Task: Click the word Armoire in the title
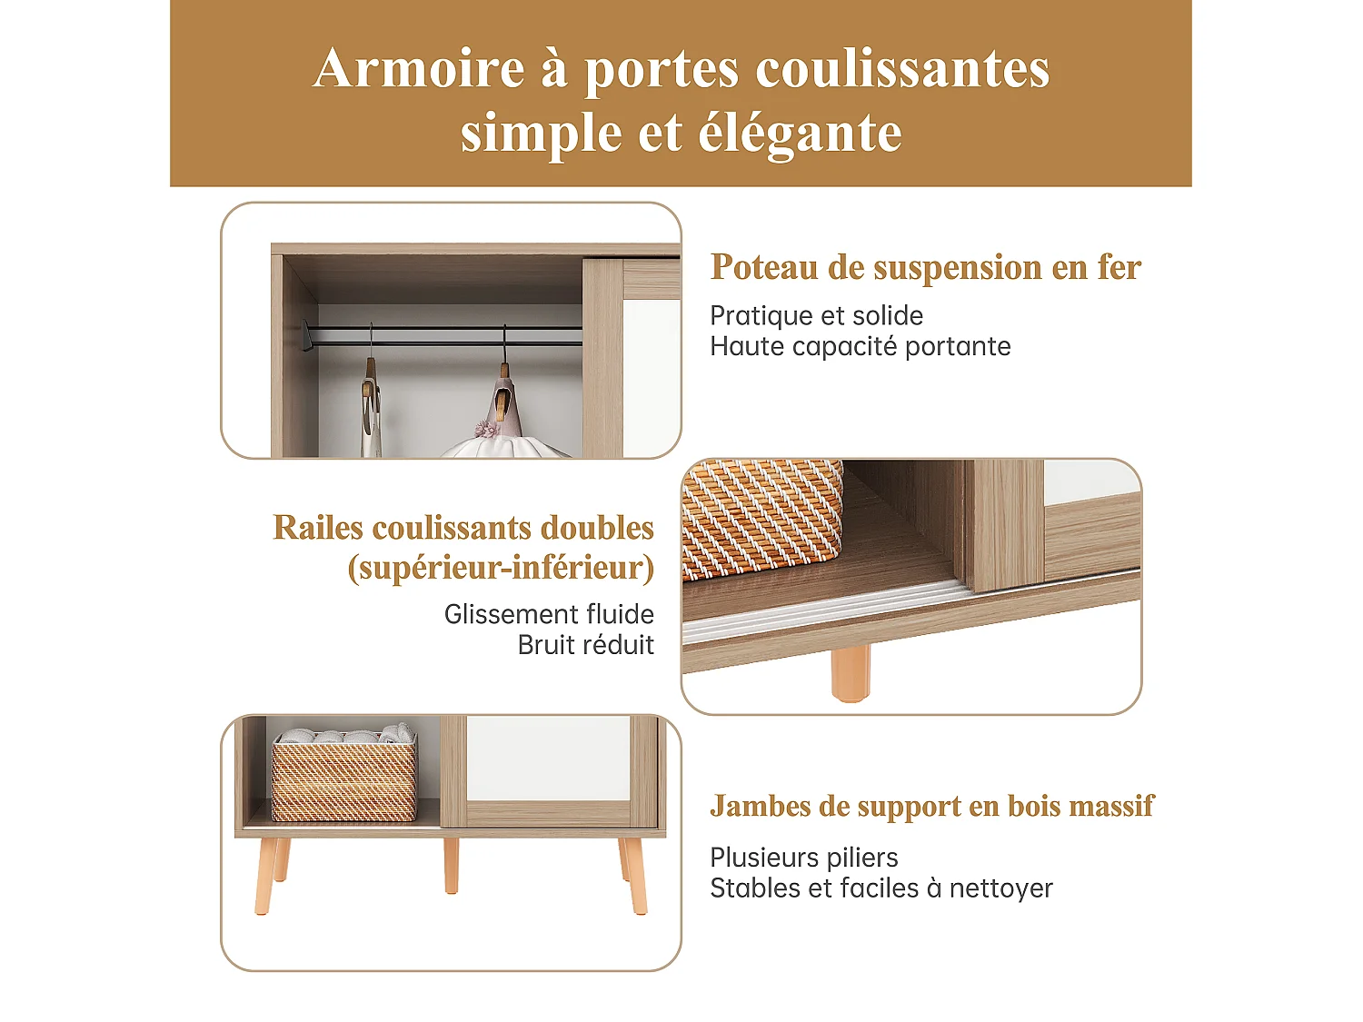coord(419,69)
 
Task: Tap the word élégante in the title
coord(799,134)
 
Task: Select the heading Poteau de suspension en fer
coord(925,267)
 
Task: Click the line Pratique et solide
coord(816,316)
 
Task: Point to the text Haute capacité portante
coord(860,347)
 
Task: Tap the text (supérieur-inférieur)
coord(501,568)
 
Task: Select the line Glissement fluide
coord(549,615)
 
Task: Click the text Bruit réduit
coord(585,645)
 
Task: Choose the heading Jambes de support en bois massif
coord(931,807)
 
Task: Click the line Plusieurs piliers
coord(803,858)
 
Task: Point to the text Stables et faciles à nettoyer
coord(880,888)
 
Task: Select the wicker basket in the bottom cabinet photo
coord(343,781)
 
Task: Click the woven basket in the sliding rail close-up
coord(761,518)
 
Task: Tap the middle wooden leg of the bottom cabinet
coord(451,865)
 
